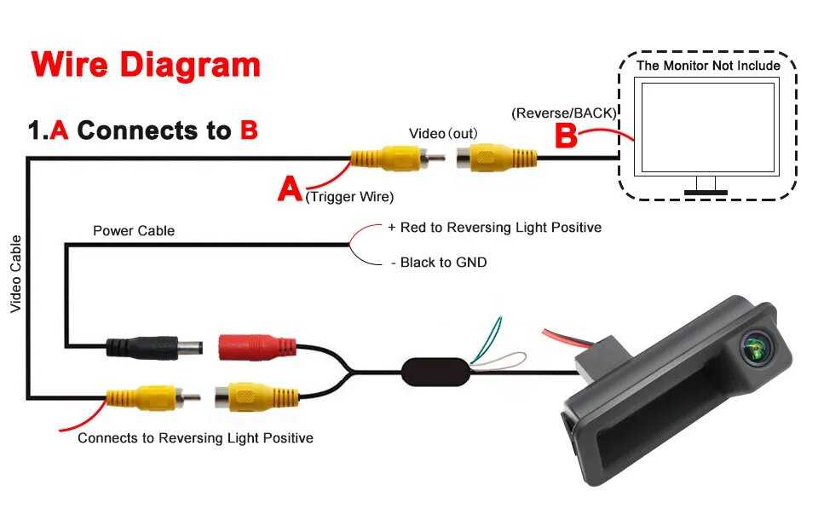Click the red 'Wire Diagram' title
[146, 65]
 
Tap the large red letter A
[290, 188]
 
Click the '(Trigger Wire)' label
[349, 197]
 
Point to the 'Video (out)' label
[443, 133]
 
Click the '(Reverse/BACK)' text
[563, 113]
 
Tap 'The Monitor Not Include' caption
[708, 66]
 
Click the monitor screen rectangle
[708, 127]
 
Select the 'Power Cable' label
[134, 230]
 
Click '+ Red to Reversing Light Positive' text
[494, 228]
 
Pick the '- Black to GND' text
[438, 263]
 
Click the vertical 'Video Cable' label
[15, 273]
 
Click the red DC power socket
[256, 346]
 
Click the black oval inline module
[435, 371]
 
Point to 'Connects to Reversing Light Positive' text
[195, 438]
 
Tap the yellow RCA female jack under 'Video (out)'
[494, 158]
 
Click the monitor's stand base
[706, 193]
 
